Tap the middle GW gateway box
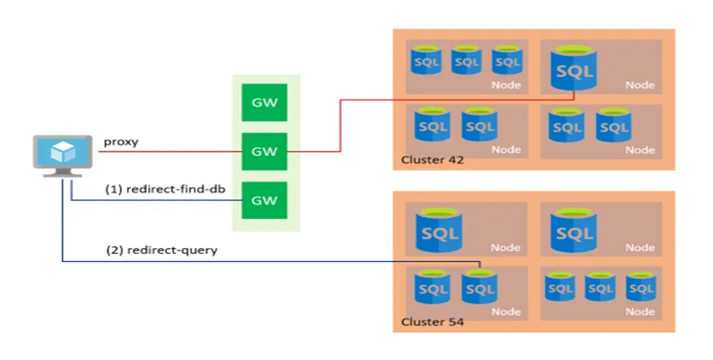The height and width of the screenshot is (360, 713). coord(265,152)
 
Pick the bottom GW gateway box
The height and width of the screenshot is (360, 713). coord(265,201)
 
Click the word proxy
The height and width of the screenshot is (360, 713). coord(120,142)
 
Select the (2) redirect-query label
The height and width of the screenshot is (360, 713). coord(162,250)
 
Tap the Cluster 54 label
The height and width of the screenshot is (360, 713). coord(432,322)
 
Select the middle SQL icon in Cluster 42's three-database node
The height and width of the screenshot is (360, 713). coord(467,60)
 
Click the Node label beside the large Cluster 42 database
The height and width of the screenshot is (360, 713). coord(640,86)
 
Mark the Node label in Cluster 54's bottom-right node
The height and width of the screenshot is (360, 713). coord(640,312)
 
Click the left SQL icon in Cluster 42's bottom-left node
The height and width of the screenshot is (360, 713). coord(432,125)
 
